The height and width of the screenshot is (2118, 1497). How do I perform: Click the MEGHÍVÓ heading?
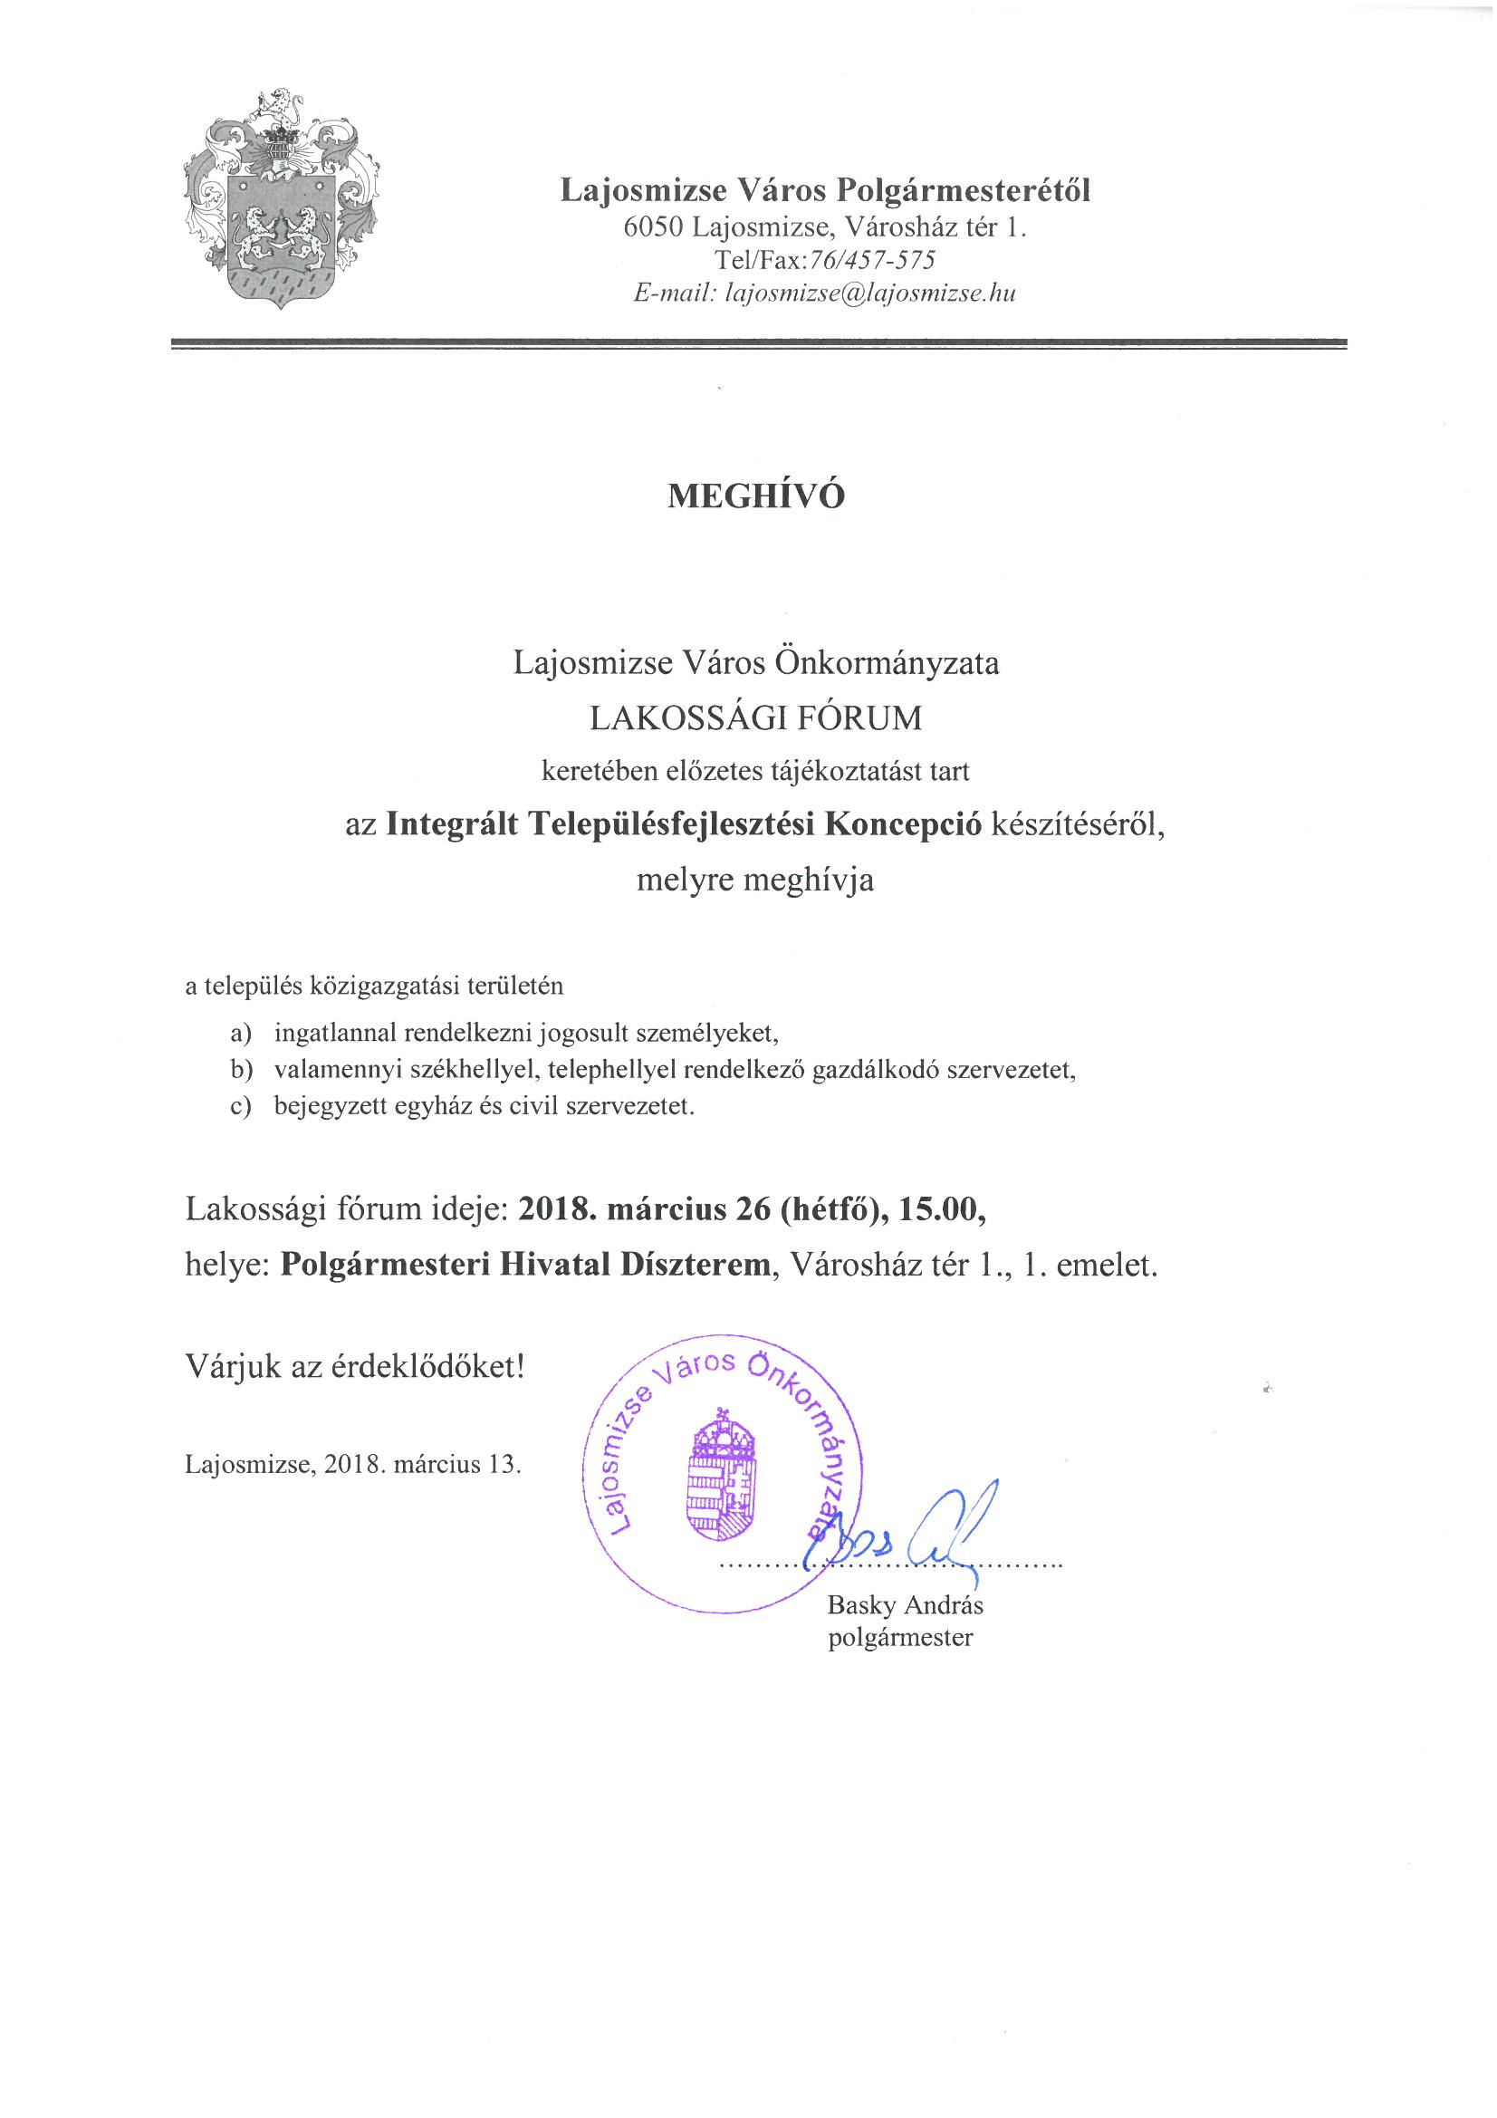click(755, 496)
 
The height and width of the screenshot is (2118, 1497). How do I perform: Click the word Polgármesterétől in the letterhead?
click(964, 191)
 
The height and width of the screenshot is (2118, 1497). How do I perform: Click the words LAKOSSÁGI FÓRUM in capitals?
click(755, 717)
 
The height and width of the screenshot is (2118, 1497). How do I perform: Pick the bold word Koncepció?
click(903, 823)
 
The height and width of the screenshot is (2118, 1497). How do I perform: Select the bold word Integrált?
click(452, 823)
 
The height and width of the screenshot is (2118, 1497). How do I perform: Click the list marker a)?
click(241, 1033)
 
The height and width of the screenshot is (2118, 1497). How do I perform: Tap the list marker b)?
click(242, 1070)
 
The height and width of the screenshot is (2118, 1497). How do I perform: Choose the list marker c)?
click(241, 1106)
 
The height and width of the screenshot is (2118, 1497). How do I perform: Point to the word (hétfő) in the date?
click(830, 1208)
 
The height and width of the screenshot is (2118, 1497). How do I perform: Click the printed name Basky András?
click(905, 1605)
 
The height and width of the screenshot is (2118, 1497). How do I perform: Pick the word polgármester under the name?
click(900, 1637)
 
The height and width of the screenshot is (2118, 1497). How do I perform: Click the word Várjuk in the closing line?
click(234, 1366)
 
